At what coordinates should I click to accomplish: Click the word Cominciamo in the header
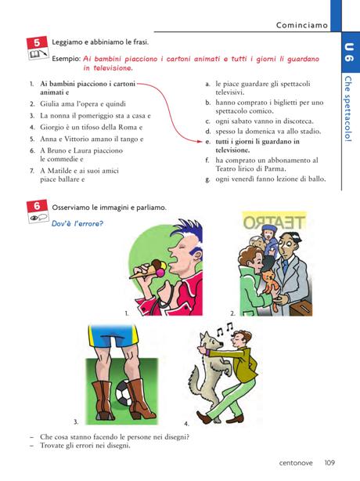pyautogui.click(x=302, y=25)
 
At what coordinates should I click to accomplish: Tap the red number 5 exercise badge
pyautogui.click(x=37, y=42)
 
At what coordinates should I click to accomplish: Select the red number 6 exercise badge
pyautogui.click(x=37, y=206)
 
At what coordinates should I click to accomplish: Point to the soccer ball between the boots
pyautogui.click(x=123, y=395)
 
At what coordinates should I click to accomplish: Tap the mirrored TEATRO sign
pyautogui.click(x=274, y=222)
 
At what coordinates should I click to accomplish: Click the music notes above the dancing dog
pyautogui.click(x=225, y=329)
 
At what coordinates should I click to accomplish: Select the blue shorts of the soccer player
pyautogui.click(x=113, y=336)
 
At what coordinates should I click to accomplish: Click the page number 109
pyautogui.click(x=329, y=463)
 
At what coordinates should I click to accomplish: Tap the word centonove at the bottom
pyautogui.click(x=296, y=463)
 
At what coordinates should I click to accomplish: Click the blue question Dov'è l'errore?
pyautogui.click(x=77, y=223)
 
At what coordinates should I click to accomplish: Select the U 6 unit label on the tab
pyautogui.click(x=349, y=52)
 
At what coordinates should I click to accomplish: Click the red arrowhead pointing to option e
pyautogui.click(x=200, y=142)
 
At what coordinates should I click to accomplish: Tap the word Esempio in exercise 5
pyautogui.click(x=67, y=59)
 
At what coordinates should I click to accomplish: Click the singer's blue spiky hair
pyautogui.click(x=187, y=235)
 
